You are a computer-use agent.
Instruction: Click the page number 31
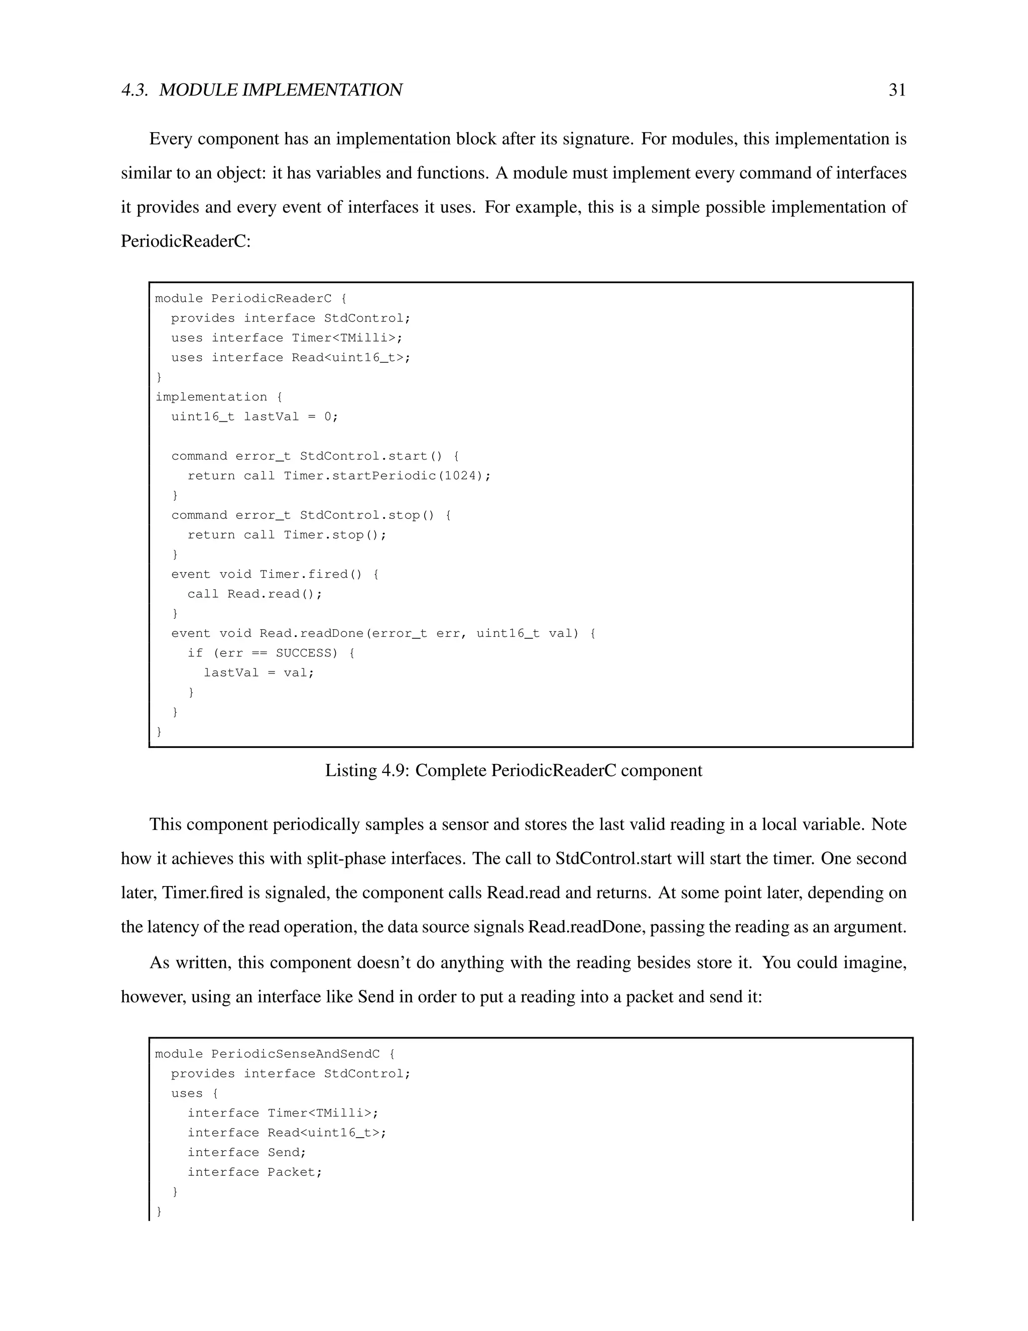coord(897,90)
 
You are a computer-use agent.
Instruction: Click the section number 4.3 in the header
coord(134,90)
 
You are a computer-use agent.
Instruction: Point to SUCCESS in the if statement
coord(303,653)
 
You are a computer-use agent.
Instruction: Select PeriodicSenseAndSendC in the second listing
coord(295,1054)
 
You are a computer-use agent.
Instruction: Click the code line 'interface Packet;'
coord(254,1172)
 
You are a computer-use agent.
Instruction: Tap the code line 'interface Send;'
coord(246,1152)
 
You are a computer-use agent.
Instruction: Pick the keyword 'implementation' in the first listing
coord(211,397)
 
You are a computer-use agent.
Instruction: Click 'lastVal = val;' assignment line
coord(259,673)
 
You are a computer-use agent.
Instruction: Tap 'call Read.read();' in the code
coord(254,594)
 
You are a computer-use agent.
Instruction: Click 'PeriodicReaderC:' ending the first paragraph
coord(186,241)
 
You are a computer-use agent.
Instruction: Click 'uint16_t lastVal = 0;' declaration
coord(254,416)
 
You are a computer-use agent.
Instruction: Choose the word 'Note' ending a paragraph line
coord(888,825)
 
